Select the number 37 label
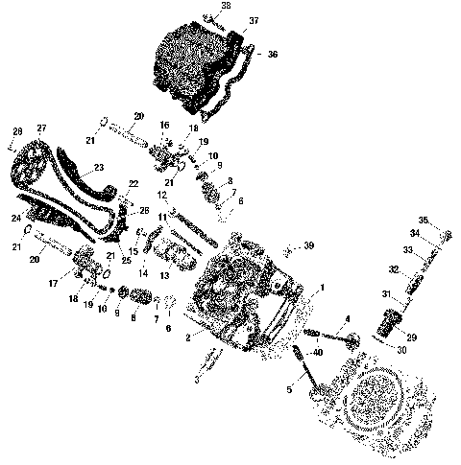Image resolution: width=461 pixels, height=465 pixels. click(254, 19)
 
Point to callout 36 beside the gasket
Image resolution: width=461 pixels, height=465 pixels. click(272, 54)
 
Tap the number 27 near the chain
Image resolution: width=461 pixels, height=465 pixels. click(41, 128)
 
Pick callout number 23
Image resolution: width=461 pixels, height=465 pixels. click(98, 168)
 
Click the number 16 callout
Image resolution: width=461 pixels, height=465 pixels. click(164, 125)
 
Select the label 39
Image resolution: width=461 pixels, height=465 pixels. click(307, 246)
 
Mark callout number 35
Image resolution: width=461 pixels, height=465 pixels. click(449, 220)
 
